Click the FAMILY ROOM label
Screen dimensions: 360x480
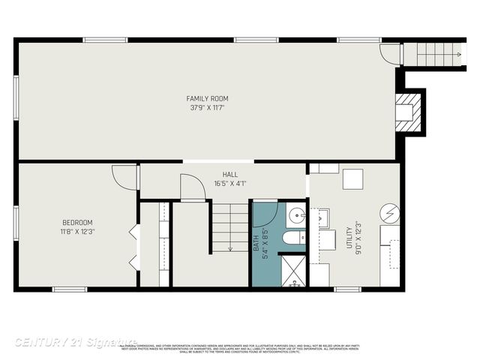207,98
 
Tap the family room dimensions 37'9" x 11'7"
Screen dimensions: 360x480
207,108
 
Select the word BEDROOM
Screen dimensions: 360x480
77,222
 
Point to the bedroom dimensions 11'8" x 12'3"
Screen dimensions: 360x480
77,231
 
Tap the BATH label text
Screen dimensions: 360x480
256,243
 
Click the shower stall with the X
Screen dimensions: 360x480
292,271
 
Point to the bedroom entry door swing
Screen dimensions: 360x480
124,176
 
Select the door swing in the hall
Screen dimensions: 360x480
192,187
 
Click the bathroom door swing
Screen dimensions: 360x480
265,214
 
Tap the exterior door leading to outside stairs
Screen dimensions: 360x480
391,54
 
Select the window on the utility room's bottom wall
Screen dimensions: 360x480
346,289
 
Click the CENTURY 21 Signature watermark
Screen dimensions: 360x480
75,343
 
